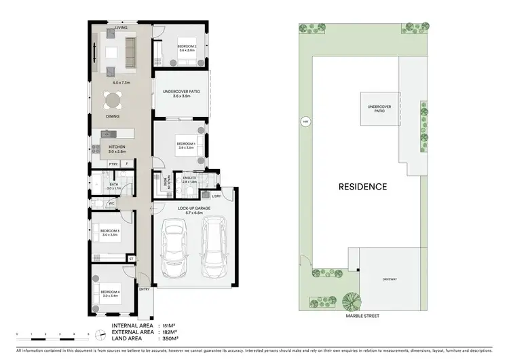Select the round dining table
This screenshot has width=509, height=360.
click(112, 101)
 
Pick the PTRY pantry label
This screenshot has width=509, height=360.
click(113, 164)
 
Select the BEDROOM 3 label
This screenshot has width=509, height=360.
click(110, 231)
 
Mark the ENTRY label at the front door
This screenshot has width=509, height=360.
click(144, 289)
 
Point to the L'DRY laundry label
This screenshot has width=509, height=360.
click(216, 196)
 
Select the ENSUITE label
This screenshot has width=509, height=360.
click(189, 179)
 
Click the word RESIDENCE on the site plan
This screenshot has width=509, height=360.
click(364, 186)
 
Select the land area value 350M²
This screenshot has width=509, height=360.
click(167, 338)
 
